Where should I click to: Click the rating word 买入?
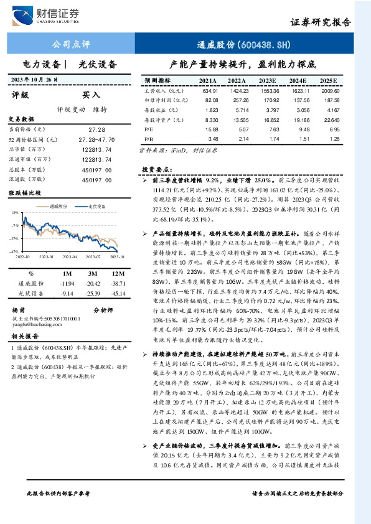pyautogui.click(x=92, y=95)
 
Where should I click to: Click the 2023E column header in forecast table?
pyautogui.click(x=267, y=81)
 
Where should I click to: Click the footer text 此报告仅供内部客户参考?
pyautogui.click(x=59, y=510)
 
